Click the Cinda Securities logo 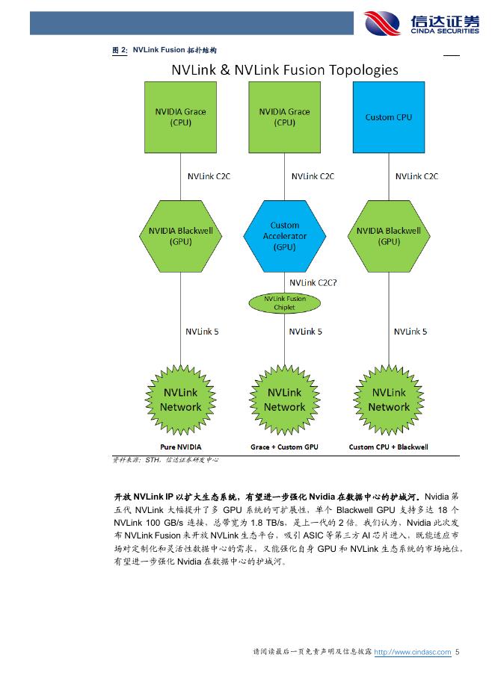point(421,23)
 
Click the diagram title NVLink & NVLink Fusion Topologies point(285,70)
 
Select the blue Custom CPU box point(388,117)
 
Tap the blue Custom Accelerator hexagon point(284,236)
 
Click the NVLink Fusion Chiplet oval point(284,302)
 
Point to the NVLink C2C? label point(313,282)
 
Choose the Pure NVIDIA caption point(180,447)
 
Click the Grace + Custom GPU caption point(284,447)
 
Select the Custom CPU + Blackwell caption point(388,447)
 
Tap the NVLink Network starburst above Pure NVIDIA point(180,400)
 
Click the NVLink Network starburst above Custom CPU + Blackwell point(388,400)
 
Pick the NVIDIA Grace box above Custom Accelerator point(284,117)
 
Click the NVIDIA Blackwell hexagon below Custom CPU point(388,236)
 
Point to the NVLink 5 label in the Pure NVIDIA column point(202,331)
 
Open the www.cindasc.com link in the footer point(412,652)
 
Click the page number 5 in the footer point(458,652)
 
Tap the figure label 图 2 point(119,49)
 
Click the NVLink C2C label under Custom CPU point(416,176)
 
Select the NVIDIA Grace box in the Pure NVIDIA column point(180,117)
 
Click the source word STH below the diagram point(153,460)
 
